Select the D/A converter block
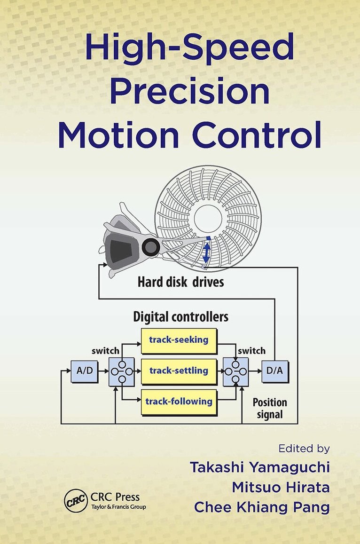(x=275, y=371)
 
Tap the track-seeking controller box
(x=179, y=340)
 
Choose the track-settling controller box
(x=179, y=371)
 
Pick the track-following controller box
(x=179, y=402)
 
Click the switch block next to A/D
(x=121, y=371)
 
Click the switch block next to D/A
(x=235, y=371)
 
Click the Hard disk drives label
(x=180, y=283)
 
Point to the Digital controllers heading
(x=181, y=316)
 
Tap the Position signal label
(x=269, y=409)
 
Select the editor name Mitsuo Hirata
(x=281, y=488)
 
